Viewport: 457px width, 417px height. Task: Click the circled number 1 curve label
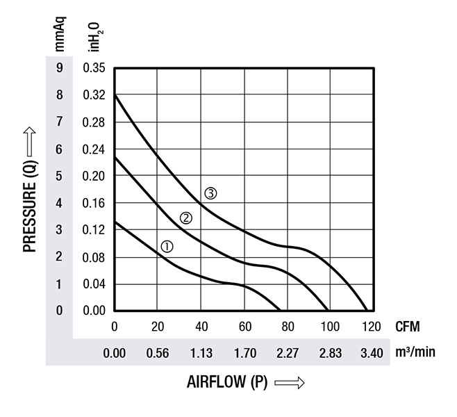click(x=167, y=246)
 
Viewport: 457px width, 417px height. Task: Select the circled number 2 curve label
click(x=186, y=218)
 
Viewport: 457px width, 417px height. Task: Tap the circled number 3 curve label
click(x=210, y=193)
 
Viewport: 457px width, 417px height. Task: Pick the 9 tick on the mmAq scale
click(x=60, y=68)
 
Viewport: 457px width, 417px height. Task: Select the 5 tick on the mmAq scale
click(x=60, y=176)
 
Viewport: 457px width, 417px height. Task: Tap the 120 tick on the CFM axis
click(x=372, y=326)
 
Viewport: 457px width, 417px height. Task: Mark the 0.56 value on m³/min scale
click(x=158, y=353)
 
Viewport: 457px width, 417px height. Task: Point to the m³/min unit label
click(x=415, y=352)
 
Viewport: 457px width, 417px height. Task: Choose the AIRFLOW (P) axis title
click(x=227, y=382)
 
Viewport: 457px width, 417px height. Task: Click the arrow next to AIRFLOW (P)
click(x=290, y=383)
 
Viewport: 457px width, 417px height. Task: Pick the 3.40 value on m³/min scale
click(x=372, y=353)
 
